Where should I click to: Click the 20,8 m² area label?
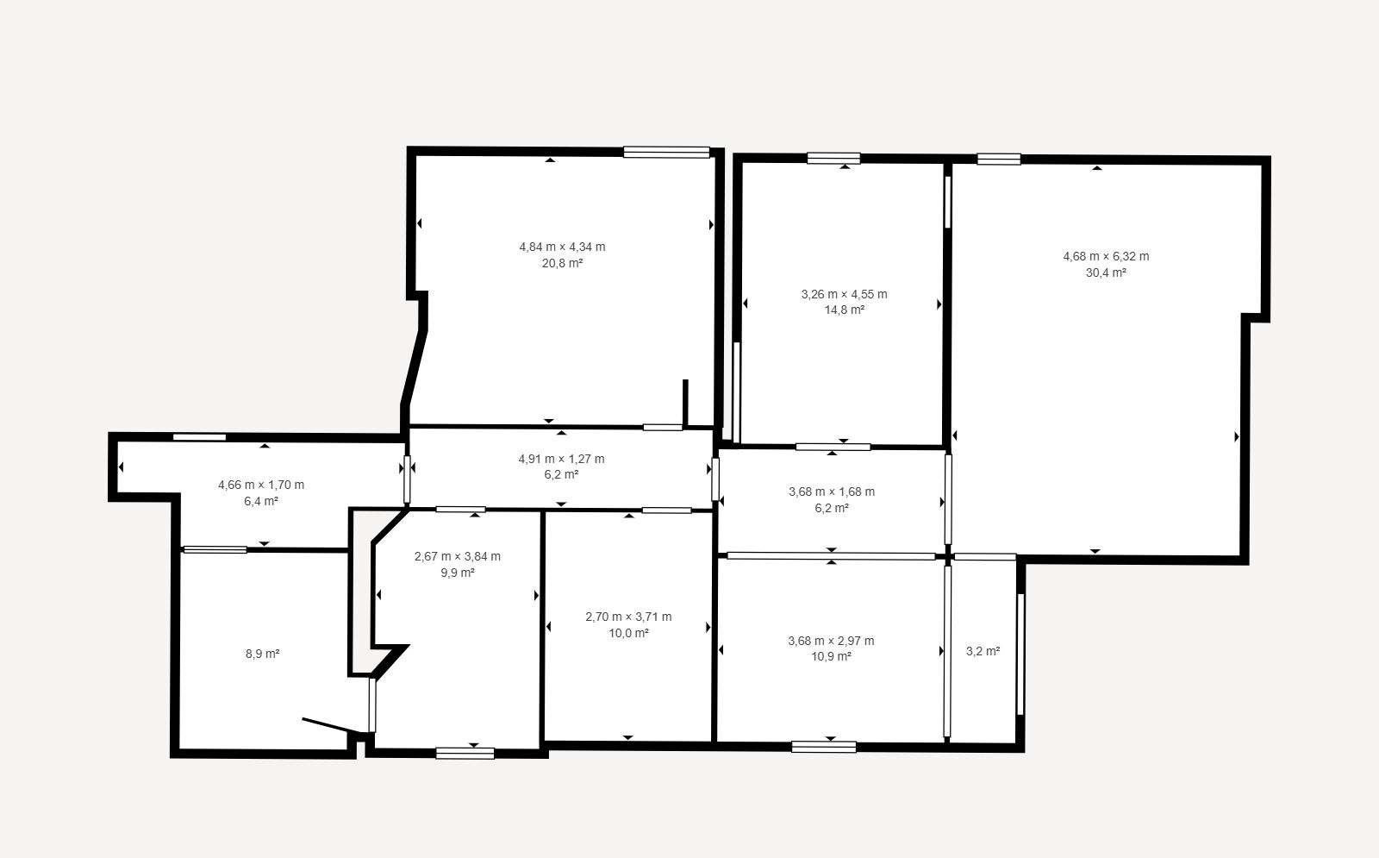(562, 263)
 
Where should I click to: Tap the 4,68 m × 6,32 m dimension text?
(1106, 256)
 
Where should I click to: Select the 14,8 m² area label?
(845, 310)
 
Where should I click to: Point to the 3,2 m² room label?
(983, 651)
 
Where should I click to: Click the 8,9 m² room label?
(262, 654)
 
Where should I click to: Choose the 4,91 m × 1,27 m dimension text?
(561, 459)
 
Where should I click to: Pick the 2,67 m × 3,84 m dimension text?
(458, 556)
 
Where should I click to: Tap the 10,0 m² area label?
(628, 633)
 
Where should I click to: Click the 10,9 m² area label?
(831, 656)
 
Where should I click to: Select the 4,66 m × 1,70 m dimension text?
(261, 485)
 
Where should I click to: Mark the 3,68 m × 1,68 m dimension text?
(832, 492)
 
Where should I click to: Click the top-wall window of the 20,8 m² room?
(667, 152)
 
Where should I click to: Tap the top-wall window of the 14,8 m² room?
(833, 159)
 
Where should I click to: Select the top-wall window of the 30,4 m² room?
(999, 159)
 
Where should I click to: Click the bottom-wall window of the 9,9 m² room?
(465, 753)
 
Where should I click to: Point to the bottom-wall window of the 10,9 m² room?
(824, 747)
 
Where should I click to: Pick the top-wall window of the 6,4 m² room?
(199, 437)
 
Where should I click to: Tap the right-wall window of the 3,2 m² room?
(1020, 654)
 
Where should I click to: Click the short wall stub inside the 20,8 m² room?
(685, 402)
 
